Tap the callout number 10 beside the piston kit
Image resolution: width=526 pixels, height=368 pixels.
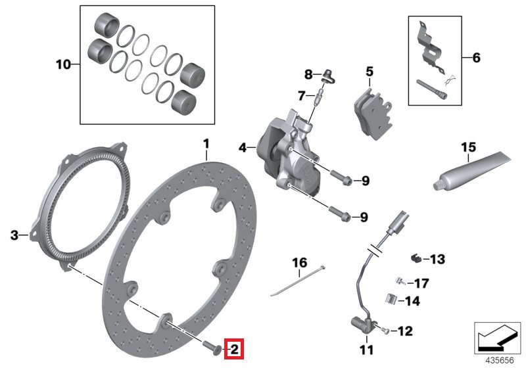[x=63, y=65]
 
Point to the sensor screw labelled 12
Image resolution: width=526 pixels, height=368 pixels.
[x=385, y=330]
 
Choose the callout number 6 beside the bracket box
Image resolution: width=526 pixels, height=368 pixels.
[x=476, y=58]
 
